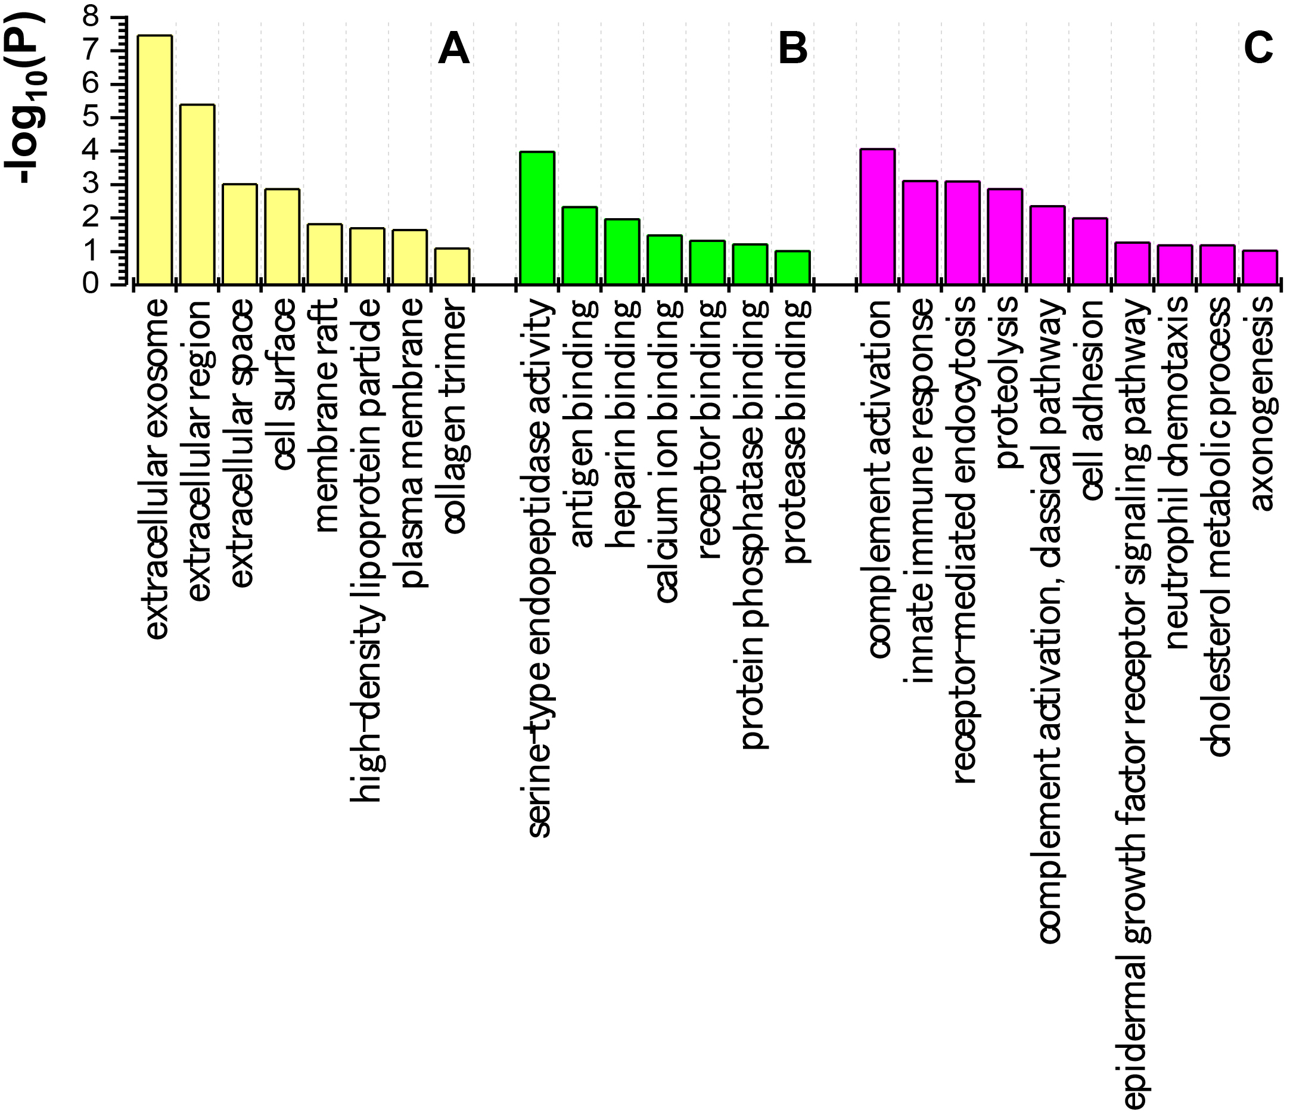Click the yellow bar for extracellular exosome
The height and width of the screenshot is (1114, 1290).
pos(154,159)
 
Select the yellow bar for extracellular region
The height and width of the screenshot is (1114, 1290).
pos(197,194)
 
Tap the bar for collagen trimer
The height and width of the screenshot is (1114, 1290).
pos(452,266)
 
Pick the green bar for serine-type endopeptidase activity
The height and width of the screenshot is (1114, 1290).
pos(537,218)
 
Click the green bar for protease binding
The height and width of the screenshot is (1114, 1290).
pos(792,268)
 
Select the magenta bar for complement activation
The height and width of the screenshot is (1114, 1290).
pos(877,217)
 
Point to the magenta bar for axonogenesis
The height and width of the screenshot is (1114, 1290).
pos(1260,267)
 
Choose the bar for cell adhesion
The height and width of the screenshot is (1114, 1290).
pos(1090,251)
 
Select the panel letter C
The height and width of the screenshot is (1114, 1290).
pos(1258,48)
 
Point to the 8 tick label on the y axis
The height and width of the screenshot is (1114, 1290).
pos(91,17)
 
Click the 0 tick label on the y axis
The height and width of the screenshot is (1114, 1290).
pos(91,284)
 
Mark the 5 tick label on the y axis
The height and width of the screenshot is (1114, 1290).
pos(91,117)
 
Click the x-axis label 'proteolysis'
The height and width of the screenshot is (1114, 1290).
pos(1004,381)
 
